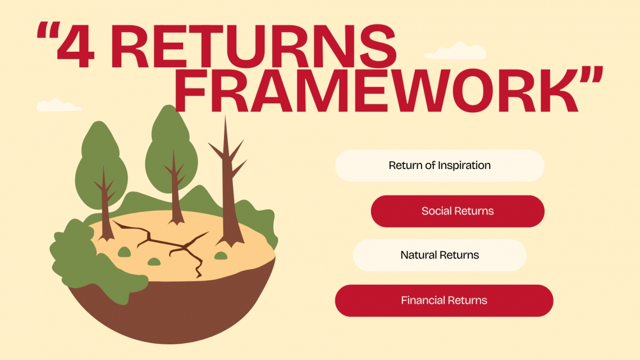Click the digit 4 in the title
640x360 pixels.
click(76, 45)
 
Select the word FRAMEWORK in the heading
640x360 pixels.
click(376, 90)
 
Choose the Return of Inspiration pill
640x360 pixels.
click(440, 165)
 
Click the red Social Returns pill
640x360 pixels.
click(458, 211)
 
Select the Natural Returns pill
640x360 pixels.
click(440, 255)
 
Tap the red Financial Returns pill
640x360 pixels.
click(444, 300)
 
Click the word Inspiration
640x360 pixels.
click(464, 166)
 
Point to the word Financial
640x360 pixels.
click(420, 300)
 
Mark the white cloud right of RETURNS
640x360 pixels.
click(455, 51)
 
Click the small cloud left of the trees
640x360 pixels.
click(58, 105)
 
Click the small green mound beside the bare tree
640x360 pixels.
click(221, 256)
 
